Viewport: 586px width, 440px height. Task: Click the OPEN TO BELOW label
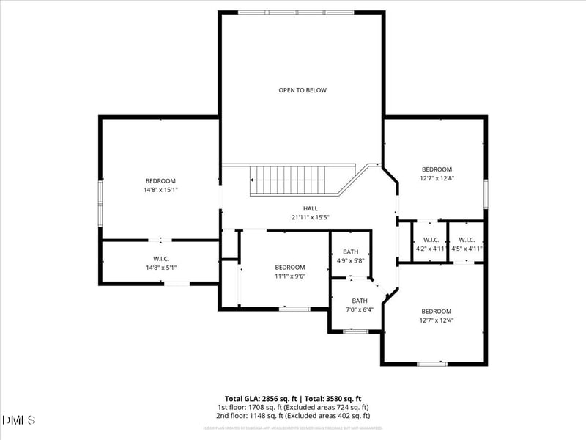pyautogui.click(x=303, y=90)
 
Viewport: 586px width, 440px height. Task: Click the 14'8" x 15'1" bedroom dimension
pyautogui.click(x=160, y=190)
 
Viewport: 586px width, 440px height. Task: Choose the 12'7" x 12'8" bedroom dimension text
pyautogui.click(x=436, y=178)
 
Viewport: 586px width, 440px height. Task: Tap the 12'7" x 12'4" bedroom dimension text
pyautogui.click(x=436, y=320)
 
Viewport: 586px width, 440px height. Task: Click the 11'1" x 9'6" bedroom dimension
pyautogui.click(x=290, y=276)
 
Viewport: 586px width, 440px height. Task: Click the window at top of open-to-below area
pyautogui.click(x=297, y=12)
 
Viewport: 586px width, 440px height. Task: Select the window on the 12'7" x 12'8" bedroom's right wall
pyautogui.click(x=485, y=192)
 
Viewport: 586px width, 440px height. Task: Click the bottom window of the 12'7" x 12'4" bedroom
pyautogui.click(x=432, y=363)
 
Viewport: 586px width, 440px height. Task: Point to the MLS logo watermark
pyautogui.click(x=19, y=419)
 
